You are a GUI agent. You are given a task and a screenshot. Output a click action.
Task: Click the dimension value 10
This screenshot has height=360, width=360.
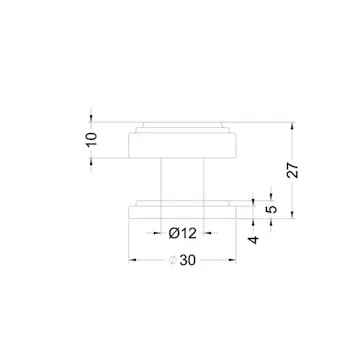pyautogui.click(x=92, y=139)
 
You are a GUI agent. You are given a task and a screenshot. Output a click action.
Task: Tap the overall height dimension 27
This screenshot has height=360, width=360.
pyautogui.click(x=293, y=170)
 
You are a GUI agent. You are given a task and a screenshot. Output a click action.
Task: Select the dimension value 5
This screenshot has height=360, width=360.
pyautogui.click(x=272, y=209)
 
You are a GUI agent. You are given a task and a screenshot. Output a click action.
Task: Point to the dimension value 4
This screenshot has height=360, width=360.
pyautogui.click(x=254, y=240)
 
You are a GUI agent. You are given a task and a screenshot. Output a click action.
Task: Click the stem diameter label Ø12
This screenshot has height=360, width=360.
pyautogui.click(x=182, y=233)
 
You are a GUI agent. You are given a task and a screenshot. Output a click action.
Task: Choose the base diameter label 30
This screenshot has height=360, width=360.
pyautogui.click(x=188, y=260)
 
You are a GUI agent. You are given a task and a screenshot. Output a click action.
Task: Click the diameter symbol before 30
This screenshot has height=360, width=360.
pyautogui.click(x=173, y=260)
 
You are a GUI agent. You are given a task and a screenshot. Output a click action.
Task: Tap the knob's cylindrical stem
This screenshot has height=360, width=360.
pyautogui.click(x=182, y=179)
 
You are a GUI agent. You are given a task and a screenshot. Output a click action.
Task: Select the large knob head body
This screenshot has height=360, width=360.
pyautogui.click(x=182, y=145)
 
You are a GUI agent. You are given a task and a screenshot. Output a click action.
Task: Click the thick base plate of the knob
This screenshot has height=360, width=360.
pyautogui.click(x=182, y=213)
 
